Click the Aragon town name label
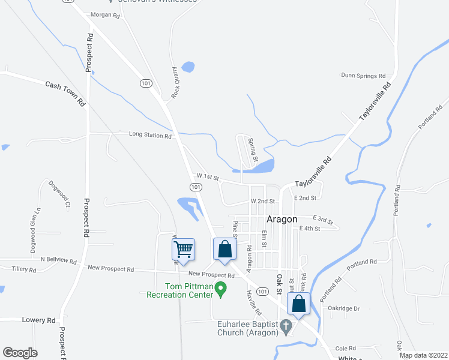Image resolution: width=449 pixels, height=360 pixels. point(282,219)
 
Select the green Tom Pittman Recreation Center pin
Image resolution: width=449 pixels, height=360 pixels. point(221,290)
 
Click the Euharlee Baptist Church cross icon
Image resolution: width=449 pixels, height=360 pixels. point(286,328)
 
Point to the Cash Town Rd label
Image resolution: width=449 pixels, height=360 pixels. point(65,93)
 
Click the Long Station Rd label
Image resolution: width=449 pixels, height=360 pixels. point(150,136)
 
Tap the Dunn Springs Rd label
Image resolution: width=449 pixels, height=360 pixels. point(363,76)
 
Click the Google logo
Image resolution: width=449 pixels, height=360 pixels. point(20,353)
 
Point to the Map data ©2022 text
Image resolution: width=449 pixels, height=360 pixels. point(424,355)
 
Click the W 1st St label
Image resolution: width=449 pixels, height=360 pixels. point(209,177)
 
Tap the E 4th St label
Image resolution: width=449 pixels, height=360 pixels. point(310,229)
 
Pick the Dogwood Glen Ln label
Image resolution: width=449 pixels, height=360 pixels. point(34,230)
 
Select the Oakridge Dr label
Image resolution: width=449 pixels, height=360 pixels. point(343,308)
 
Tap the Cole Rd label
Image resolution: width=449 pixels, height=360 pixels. point(346,348)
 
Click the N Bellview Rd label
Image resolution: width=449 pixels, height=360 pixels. point(58,261)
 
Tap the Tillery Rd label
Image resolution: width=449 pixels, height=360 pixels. point(24,270)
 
